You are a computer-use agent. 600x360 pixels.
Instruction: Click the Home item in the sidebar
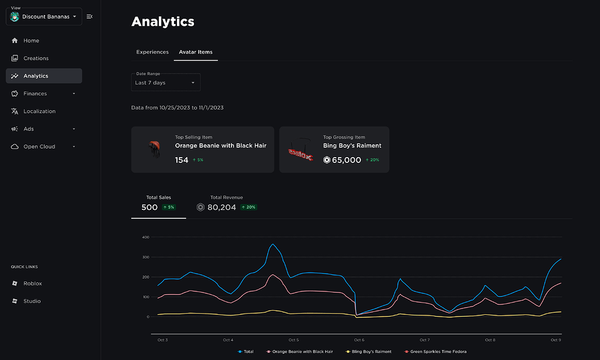[x=31, y=40]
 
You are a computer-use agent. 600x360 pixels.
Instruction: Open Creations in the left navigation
[x=36, y=58]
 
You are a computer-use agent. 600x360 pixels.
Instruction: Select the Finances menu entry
[x=35, y=93]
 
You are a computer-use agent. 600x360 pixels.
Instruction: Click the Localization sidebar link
[x=39, y=111]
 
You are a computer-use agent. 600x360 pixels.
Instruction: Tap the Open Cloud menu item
[x=39, y=147]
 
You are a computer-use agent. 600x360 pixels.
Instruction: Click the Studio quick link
[x=32, y=301]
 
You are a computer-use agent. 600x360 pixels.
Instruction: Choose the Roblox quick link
[x=32, y=283]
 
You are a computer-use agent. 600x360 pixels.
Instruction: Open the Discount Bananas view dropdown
[x=44, y=16]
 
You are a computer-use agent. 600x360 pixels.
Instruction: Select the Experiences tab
[x=152, y=52]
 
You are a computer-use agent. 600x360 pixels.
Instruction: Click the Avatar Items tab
[x=196, y=52]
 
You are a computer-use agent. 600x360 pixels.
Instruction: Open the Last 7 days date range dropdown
[x=166, y=83]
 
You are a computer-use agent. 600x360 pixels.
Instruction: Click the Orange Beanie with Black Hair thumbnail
[x=154, y=150]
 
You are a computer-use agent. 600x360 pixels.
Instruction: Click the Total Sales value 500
[x=150, y=207]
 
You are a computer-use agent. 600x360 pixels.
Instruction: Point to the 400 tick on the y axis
[x=146, y=237]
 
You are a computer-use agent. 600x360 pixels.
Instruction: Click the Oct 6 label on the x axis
[x=359, y=339]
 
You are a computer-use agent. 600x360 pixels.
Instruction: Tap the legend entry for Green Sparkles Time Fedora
[x=435, y=351]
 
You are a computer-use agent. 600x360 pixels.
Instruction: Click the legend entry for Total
[x=246, y=351]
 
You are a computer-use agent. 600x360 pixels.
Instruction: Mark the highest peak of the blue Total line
[x=272, y=244]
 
